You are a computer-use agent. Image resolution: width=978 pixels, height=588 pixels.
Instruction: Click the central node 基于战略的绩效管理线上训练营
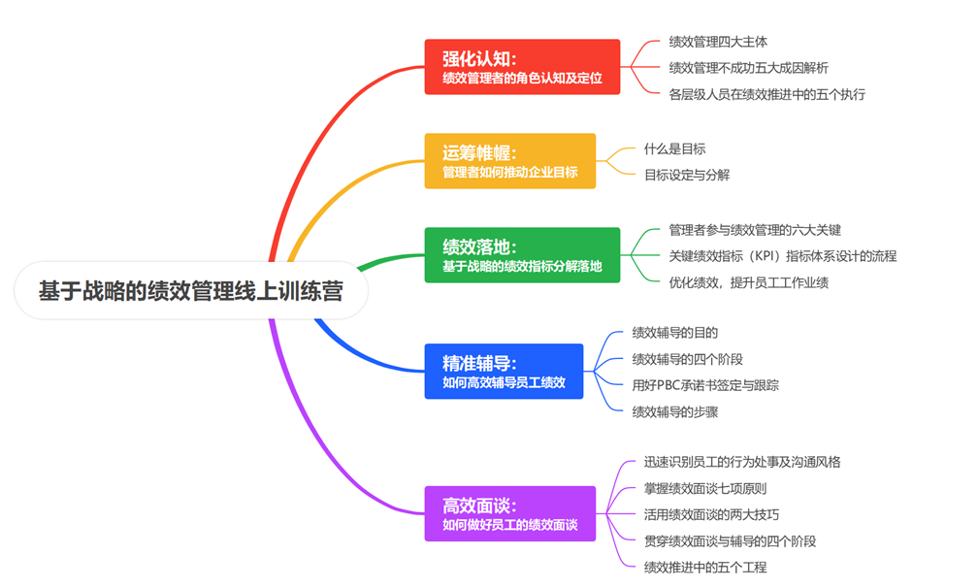click(191, 290)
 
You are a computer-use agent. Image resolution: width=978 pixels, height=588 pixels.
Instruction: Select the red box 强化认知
click(522, 67)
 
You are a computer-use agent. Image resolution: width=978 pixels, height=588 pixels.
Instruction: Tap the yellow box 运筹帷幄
click(510, 161)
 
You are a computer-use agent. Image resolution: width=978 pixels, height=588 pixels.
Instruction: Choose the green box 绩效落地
click(522, 255)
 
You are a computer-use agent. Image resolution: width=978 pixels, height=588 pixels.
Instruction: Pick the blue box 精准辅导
click(504, 371)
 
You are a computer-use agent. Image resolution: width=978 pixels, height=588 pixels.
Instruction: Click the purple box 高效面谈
click(510, 514)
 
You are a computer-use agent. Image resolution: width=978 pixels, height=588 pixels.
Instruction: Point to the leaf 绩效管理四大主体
click(718, 42)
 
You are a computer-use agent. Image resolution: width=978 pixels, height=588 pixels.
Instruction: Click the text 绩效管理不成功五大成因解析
click(748, 68)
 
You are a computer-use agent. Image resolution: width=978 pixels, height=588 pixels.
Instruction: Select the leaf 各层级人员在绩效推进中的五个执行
click(767, 95)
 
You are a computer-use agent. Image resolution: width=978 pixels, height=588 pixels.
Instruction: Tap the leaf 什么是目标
click(675, 149)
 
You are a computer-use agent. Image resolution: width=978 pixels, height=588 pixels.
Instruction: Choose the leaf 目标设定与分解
click(687, 176)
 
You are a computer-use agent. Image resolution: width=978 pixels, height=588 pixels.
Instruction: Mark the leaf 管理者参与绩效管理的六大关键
click(755, 230)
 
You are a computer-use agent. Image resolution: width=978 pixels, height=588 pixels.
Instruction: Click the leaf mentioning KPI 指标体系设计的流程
click(783, 256)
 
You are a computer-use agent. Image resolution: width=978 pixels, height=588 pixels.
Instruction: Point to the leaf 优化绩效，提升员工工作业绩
click(748, 282)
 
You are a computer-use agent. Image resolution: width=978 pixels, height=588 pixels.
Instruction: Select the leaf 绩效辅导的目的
click(675, 333)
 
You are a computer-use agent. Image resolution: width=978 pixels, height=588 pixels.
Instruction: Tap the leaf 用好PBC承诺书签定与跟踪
click(705, 385)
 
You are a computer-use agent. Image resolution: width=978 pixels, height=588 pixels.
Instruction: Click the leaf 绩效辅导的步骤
click(675, 412)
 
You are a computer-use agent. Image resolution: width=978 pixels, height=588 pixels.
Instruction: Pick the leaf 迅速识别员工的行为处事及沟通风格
click(742, 462)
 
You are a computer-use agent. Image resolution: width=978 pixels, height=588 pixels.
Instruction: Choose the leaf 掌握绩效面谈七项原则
click(705, 489)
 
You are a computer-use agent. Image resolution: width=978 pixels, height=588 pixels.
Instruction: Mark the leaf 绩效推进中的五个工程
click(705, 568)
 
